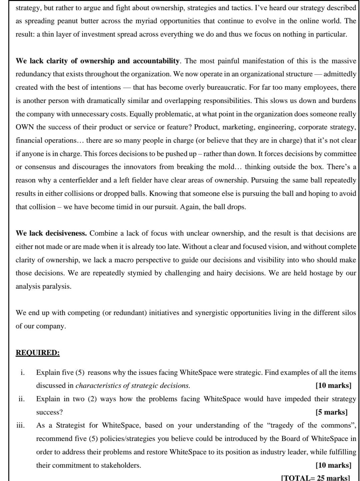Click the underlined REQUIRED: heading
point(38,353)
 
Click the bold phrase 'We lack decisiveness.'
point(51,233)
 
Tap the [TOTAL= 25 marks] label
point(315,478)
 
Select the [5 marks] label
point(331,412)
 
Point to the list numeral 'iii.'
point(20,425)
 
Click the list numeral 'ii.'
point(21,399)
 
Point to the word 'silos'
point(349,313)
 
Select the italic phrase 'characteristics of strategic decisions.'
point(133,386)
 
